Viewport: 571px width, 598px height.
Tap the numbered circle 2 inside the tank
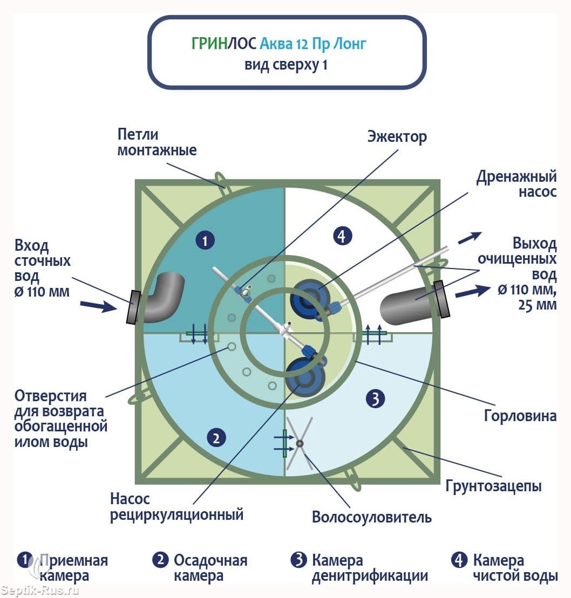(216, 438)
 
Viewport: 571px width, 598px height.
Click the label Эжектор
(397, 136)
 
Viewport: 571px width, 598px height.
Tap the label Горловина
(520, 416)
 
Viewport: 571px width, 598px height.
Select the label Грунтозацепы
(493, 486)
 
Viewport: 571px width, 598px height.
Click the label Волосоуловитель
(372, 517)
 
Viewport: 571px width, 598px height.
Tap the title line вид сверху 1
(286, 65)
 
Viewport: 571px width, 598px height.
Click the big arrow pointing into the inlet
(99, 306)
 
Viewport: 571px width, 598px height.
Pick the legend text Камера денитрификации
(370, 568)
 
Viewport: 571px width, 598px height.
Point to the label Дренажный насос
(516, 184)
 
